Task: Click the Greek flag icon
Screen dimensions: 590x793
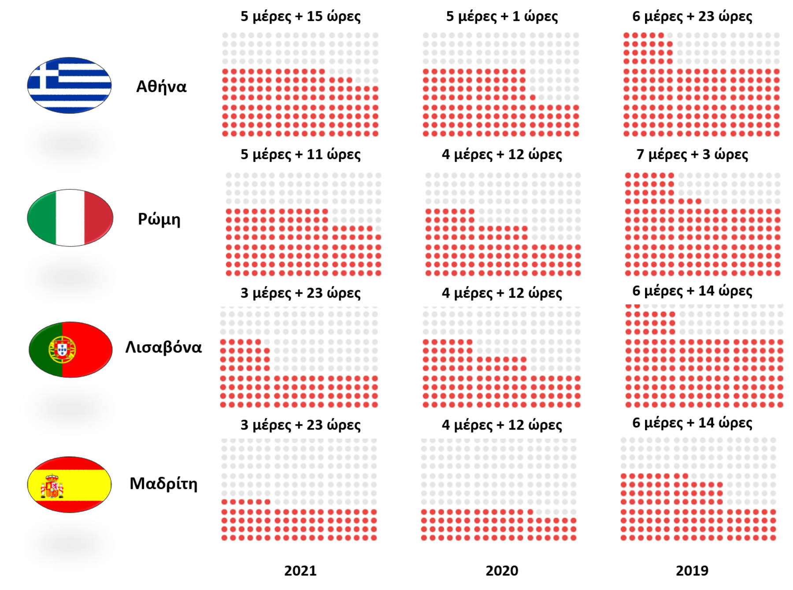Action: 69,85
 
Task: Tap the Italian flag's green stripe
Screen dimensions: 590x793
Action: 42,217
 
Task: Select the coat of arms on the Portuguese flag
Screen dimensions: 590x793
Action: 62,349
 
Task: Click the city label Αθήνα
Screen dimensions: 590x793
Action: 161,86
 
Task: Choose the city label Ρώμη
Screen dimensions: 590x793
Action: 159,219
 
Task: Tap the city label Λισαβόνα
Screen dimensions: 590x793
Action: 163,347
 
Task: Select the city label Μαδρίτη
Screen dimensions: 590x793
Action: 163,484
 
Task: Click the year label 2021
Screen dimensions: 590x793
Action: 300,571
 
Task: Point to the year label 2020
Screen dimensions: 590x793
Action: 502,571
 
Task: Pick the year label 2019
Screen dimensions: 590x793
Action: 692,571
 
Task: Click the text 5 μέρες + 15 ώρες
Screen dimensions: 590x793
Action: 300,16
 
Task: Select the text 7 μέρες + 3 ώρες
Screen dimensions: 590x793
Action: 692,154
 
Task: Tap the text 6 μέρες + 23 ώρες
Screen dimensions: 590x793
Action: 692,16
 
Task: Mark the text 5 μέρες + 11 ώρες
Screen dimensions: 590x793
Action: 300,154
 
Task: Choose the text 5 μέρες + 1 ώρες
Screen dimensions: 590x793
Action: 502,16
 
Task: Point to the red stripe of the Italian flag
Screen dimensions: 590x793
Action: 98,217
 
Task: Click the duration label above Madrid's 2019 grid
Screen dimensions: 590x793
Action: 692,423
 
